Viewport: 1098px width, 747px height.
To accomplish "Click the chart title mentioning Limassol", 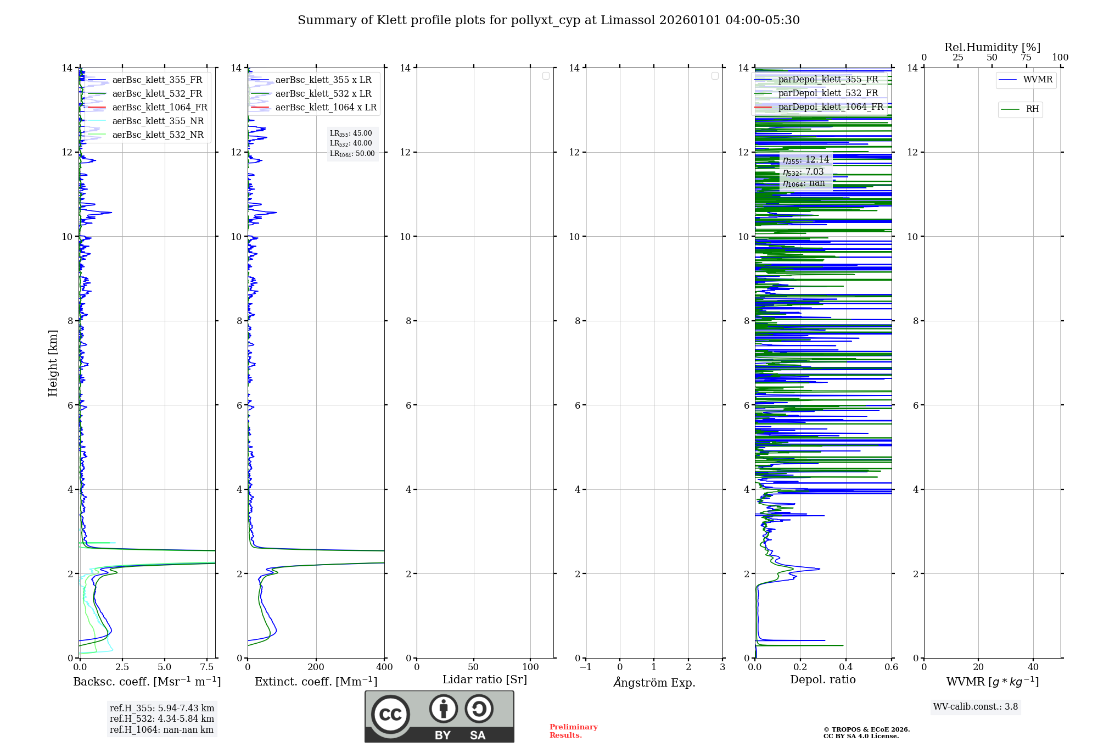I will coord(548,20).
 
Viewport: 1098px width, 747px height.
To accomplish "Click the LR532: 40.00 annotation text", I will coord(351,143).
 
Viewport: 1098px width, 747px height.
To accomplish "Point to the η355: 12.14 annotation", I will coord(805,160).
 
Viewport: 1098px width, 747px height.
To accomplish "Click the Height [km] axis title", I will coord(53,363).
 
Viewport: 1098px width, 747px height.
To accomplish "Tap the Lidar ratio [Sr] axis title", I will coord(485,679).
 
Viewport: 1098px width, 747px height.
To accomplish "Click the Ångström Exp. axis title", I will coord(654,682).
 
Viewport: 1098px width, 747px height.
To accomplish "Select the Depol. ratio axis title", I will coord(822,679).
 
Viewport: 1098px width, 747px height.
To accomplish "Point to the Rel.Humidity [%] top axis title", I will coord(992,47).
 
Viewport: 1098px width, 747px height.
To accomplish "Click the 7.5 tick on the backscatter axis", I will coord(207,667).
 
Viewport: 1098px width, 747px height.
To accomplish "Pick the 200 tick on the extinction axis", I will coord(316,667).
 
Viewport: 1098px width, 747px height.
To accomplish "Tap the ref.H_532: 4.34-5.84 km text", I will coord(161,718).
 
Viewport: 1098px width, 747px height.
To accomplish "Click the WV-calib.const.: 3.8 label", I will coord(975,707).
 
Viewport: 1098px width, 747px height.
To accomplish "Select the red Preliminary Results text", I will coord(573,731).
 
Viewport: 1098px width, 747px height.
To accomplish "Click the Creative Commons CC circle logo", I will coord(390,714).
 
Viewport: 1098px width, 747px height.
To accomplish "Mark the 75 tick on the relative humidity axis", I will coord(1026,58).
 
